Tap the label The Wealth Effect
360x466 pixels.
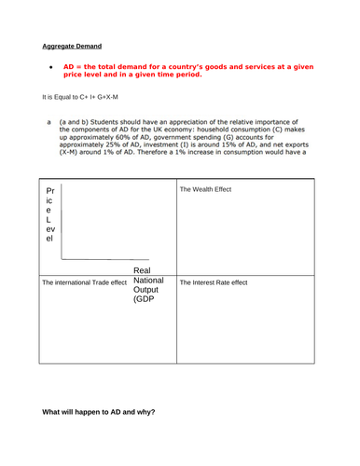pyautogui.click(x=204, y=189)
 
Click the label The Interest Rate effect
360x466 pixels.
pyautogui.click(x=214, y=282)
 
